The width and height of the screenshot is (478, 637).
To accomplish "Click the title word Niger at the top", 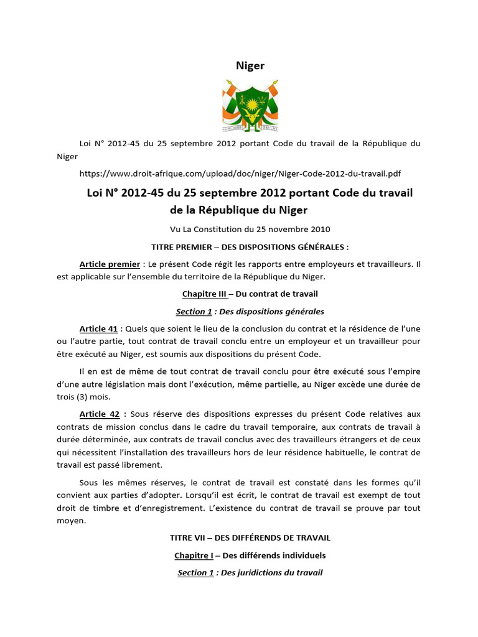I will pos(250,66).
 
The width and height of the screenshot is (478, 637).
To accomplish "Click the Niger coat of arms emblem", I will pos(250,106).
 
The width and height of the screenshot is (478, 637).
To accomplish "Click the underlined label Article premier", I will pos(110,264).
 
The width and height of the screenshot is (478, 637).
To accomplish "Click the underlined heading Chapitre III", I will pos(205,294).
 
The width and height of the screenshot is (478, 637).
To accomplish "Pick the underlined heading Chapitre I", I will pos(194,555).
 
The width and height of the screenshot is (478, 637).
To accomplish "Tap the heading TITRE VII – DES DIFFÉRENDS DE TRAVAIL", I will pos(250,537).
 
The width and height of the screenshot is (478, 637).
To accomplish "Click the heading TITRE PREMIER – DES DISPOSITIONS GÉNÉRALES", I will pos(250,246).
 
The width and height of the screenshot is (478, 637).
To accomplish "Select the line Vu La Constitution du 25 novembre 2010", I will pos(250,228).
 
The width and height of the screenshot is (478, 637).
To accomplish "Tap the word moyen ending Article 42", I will pos(68,520).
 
